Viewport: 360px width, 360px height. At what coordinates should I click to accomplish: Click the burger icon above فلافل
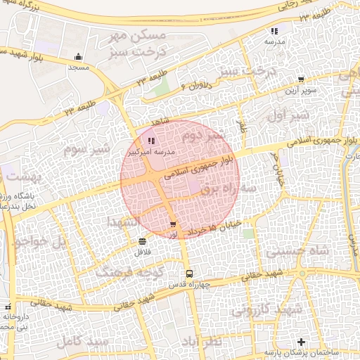[143, 241]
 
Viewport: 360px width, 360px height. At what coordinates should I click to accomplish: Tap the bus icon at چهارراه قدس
[188, 274]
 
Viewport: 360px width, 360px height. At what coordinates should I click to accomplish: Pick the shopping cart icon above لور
[173, 224]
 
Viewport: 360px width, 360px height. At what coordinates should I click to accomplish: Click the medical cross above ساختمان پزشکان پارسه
[302, 341]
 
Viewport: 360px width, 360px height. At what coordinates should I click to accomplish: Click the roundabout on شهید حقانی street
[302, 274]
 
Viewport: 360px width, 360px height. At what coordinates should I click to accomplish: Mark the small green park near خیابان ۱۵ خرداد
[247, 233]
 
